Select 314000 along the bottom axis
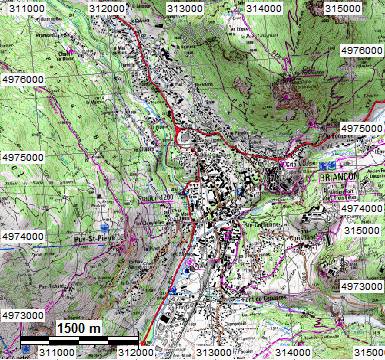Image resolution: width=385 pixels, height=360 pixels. tap(291, 352)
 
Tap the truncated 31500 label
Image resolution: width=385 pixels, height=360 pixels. tap(365, 352)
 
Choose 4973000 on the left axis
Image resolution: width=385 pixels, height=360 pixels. tap(22, 314)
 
